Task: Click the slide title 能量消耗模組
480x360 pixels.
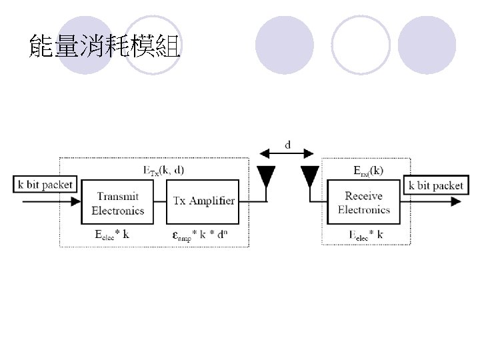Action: [104, 47]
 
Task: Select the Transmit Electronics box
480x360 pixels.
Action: [117, 202]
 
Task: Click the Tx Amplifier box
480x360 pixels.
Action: [203, 201]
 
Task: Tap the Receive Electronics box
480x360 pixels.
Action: [363, 202]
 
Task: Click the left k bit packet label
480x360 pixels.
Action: [45, 184]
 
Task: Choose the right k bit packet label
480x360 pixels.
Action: [435, 185]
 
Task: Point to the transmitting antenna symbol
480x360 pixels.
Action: [266, 177]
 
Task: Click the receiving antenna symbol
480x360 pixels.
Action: [309, 177]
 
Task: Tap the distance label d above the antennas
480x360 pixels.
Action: [288, 144]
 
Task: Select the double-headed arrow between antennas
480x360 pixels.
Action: [288, 155]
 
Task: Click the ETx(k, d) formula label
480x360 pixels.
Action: [165, 170]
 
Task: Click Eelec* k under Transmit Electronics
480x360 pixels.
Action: [111, 235]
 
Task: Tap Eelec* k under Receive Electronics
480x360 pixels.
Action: [366, 235]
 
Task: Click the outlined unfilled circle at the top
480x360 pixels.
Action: [361, 44]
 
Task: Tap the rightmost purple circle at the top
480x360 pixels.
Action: [427, 44]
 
